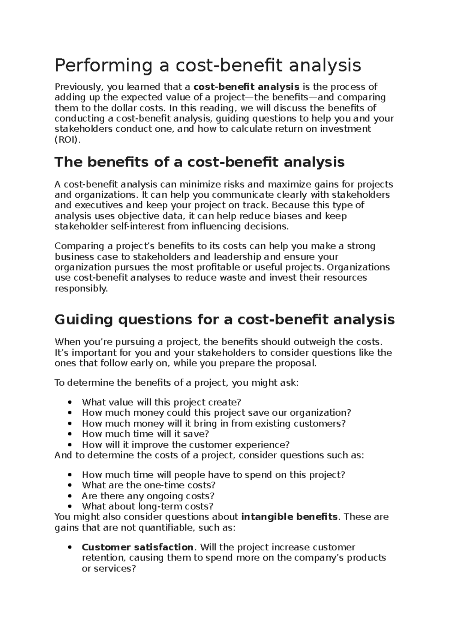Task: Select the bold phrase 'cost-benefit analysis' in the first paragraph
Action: tap(246, 87)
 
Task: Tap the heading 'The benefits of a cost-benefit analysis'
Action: tap(199, 162)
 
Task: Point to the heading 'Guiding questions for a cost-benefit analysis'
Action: tap(224, 320)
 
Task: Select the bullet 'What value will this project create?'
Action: tap(161, 402)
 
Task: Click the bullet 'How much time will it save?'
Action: tap(145, 434)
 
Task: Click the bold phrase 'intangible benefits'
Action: tap(289, 517)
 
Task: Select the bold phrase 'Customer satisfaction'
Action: tap(138, 547)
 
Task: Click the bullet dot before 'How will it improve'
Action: tap(70, 445)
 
